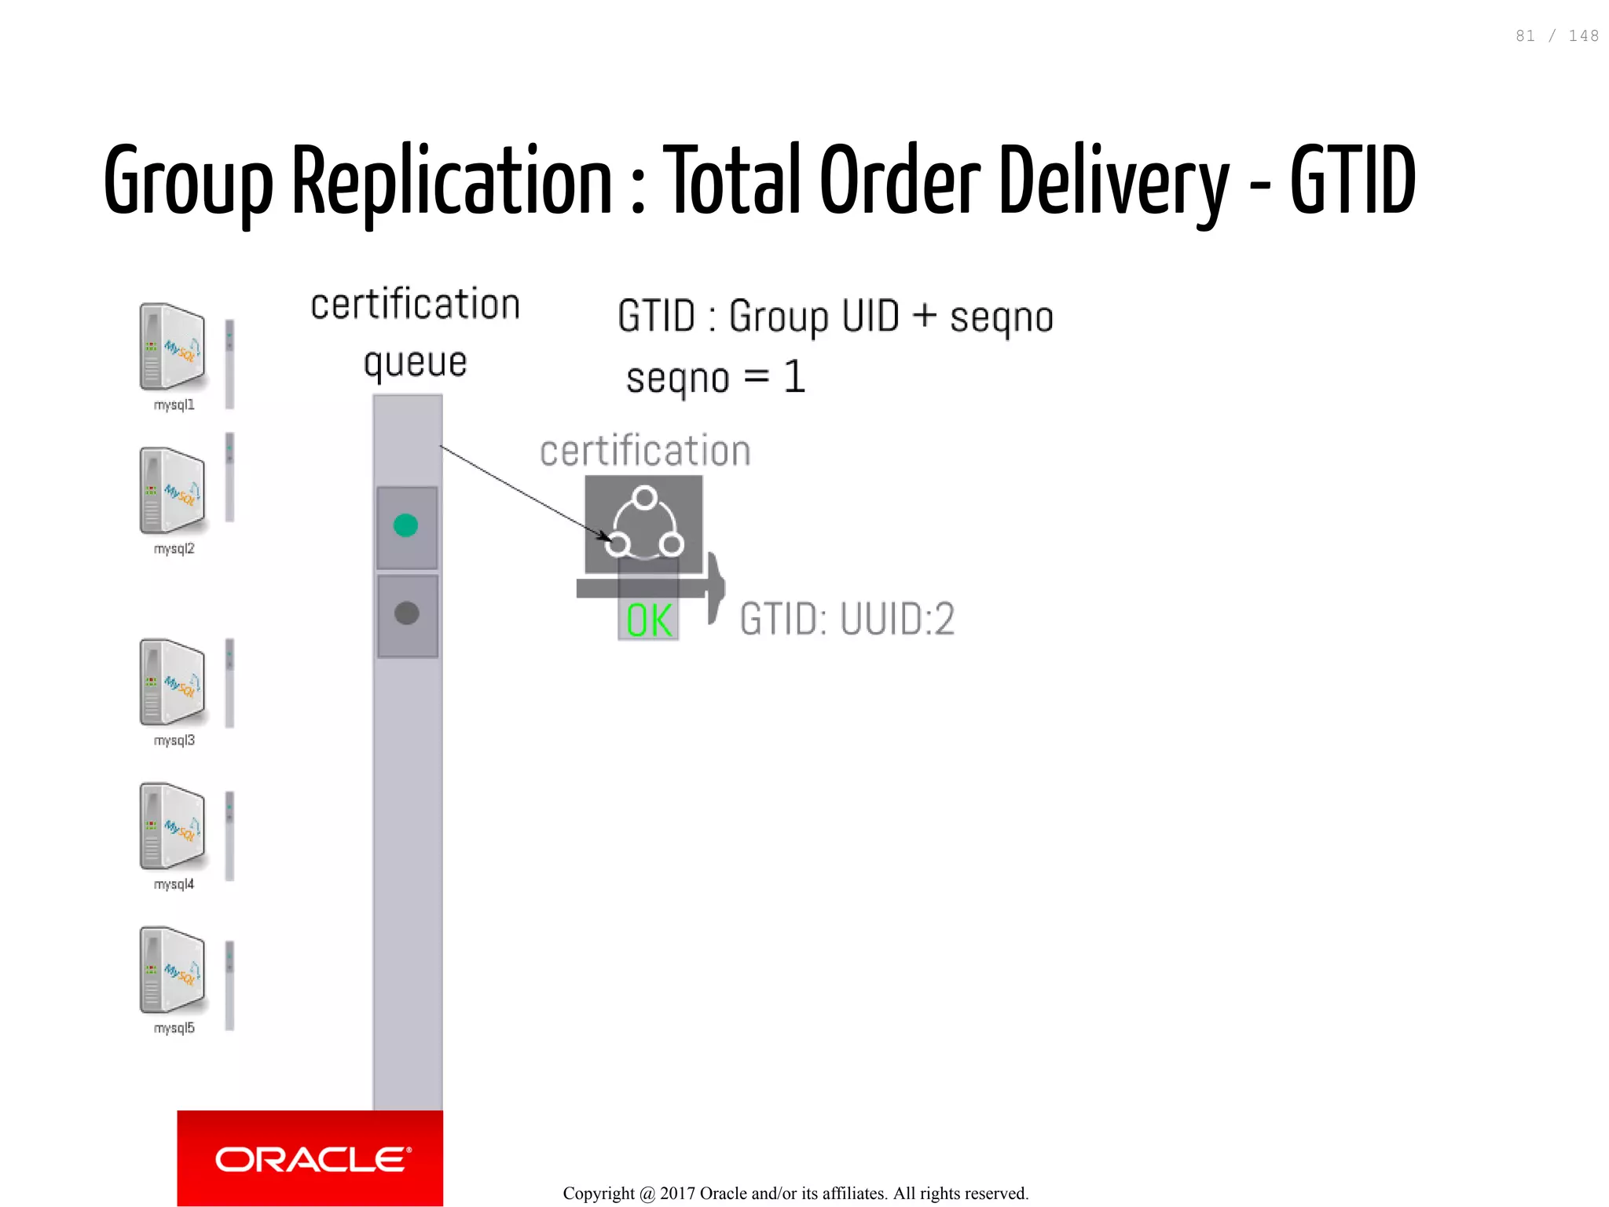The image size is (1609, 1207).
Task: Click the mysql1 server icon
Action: click(173, 346)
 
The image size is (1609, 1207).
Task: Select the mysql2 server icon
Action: click(173, 490)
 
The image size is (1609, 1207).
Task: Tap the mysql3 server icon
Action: click(173, 682)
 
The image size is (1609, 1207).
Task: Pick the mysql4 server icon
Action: click(173, 825)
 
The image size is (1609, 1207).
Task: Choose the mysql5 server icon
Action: click(173, 970)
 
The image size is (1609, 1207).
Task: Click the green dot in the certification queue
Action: click(405, 525)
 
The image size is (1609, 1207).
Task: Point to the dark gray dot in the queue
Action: click(406, 613)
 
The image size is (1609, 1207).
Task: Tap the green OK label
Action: click(649, 620)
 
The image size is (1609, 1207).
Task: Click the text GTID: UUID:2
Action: click(847, 619)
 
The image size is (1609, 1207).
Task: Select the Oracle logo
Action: click(311, 1159)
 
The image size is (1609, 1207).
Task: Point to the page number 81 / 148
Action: click(1556, 36)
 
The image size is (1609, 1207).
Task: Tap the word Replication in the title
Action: click(452, 181)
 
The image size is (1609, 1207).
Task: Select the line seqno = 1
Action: click(716, 378)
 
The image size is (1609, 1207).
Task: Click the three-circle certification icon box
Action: click(644, 524)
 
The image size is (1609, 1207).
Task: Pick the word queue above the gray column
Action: click(415, 363)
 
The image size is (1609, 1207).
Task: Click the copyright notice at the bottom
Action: click(795, 1194)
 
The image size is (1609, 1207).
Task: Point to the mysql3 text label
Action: click(174, 741)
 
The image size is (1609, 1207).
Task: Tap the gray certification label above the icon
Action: click(645, 451)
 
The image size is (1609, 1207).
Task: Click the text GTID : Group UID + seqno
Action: click(835, 316)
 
